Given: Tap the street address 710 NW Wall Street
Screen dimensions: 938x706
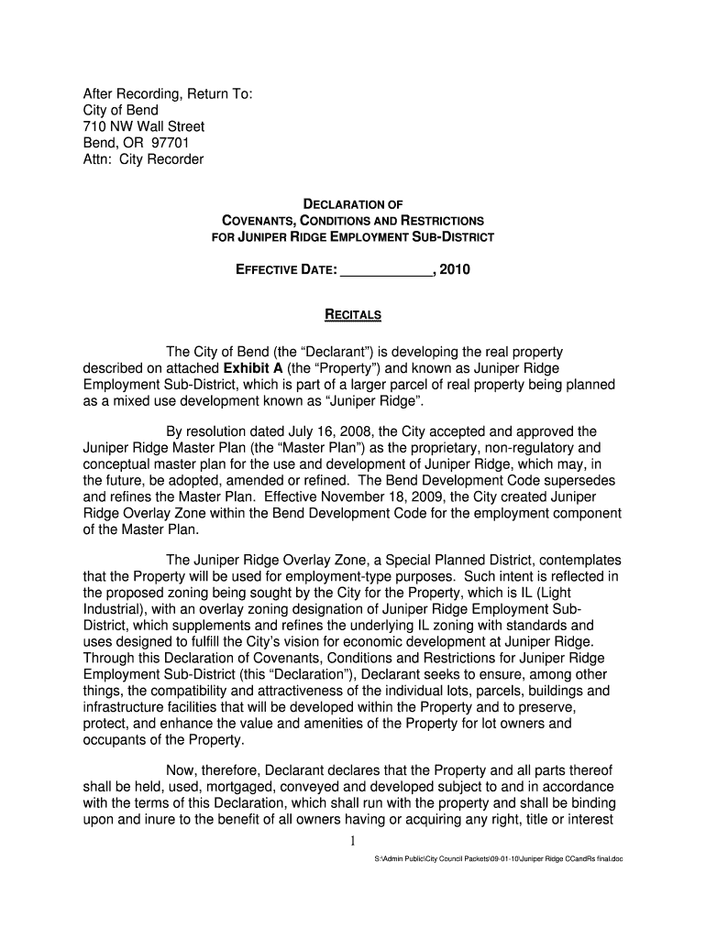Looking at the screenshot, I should tap(144, 126).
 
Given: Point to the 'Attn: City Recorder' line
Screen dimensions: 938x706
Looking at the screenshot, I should tap(144, 159).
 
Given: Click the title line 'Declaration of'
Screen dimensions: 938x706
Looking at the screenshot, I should tap(353, 203).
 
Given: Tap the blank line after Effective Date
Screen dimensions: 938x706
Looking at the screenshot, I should tap(385, 271).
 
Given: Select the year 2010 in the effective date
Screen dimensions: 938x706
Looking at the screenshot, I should tap(455, 271).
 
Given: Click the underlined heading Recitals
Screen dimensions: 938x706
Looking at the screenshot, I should tap(353, 316).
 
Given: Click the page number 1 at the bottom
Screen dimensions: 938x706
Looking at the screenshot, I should tap(353, 841).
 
